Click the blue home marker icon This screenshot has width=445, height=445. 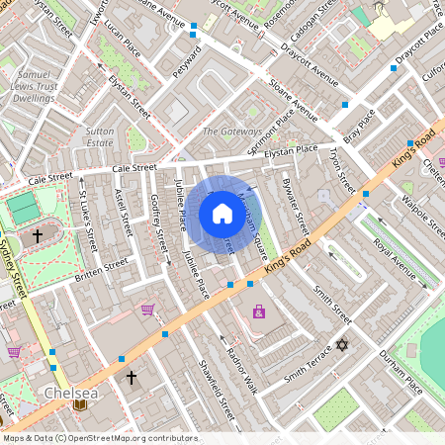(222, 213)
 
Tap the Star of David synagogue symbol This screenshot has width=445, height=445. (343, 345)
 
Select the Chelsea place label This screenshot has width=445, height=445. (70, 394)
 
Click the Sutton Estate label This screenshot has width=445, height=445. (100, 136)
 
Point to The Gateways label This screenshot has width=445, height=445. (232, 132)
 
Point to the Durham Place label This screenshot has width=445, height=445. (401, 376)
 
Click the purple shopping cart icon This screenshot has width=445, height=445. (147, 310)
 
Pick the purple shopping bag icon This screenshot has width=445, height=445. (259, 311)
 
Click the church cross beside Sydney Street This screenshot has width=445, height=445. (38, 236)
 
